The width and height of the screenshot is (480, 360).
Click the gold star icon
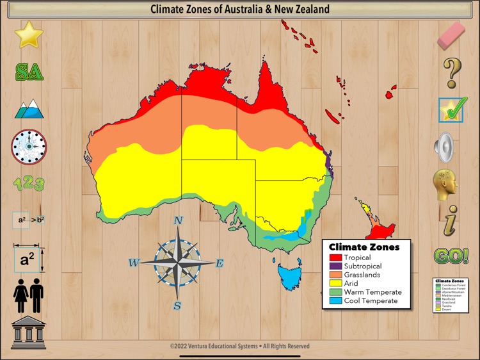pyautogui.click(x=29, y=35)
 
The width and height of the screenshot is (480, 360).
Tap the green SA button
pyautogui.click(x=29, y=72)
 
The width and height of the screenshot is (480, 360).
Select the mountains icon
pyautogui.click(x=29, y=109)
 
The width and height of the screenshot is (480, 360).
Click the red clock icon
pyautogui.click(x=29, y=147)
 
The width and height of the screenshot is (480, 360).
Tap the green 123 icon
pyautogui.click(x=29, y=184)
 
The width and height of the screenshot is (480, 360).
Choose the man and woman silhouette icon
pyautogui.click(x=29, y=296)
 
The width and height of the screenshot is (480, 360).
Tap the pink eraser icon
pyautogui.click(x=452, y=35)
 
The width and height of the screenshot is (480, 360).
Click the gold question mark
pyautogui.click(x=452, y=72)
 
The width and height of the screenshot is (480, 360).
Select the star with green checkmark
pyautogui.click(x=452, y=110)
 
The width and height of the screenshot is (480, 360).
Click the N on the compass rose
pyautogui.click(x=179, y=221)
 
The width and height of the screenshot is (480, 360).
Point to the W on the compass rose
pyautogui.click(x=134, y=262)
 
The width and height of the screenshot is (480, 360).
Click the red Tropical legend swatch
pyautogui.click(x=335, y=258)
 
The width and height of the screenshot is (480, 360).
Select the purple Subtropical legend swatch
pyautogui.click(x=335, y=266)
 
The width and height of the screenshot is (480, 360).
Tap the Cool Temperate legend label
pyautogui.click(x=371, y=300)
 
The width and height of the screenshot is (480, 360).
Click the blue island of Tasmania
pyautogui.click(x=292, y=276)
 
